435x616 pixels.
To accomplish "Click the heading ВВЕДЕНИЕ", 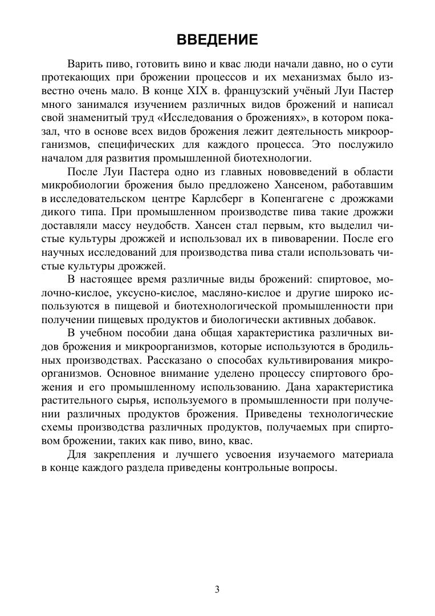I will click(x=217, y=39).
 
